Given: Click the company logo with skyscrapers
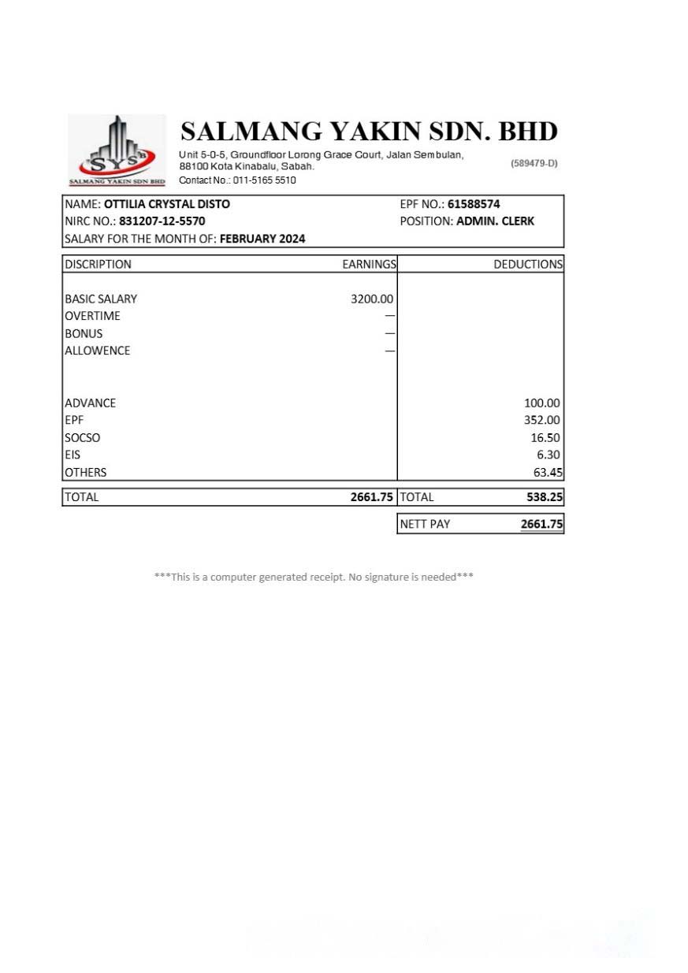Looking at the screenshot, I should pos(117,150).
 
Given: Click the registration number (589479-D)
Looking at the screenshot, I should pos(534,163).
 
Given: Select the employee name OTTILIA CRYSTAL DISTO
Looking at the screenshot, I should pos(167,204).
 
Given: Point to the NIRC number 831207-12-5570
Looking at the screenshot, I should pos(162,221).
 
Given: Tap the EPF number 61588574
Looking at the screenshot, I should pos(474,204).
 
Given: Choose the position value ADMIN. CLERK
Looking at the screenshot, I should pos(495,221).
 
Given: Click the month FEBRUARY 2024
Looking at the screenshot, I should pos(262,239).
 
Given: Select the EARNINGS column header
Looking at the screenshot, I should pos(369,264).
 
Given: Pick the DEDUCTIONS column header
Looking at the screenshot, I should pos(528,264).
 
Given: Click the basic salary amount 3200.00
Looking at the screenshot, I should pos(372,299).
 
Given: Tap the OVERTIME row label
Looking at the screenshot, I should pos(92,316).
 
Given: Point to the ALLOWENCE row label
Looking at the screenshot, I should pos(97,351).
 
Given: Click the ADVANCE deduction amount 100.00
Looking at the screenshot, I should pos(542,403).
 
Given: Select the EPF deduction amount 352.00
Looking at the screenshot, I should pos(542,420).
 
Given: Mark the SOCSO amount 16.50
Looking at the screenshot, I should pos(545,437).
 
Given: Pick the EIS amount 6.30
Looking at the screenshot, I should pos(549,455).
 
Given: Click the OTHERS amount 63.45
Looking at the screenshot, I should pos(548,472).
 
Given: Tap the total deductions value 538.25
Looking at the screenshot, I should pos(545,497).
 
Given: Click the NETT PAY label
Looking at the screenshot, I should pos(425,524).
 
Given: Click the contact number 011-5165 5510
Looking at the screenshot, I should pos(264,180).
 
